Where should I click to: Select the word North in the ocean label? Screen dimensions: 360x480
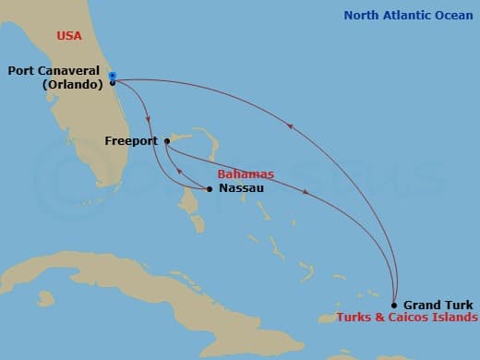pyautogui.click(x=362, y=15)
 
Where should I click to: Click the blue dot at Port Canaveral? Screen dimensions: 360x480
pyautogui.click(x=112, y=76)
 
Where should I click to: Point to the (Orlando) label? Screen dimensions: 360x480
pyautogui.click(x=72, y=84)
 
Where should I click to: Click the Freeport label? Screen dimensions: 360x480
pyautogui.click(x=131, y=142)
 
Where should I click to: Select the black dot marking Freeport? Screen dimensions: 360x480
pyautogui.click(x=166, y=141)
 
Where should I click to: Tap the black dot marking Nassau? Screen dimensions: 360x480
pyautogui.click(x=210, y=189)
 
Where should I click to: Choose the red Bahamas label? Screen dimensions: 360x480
pyautogui.click(x=246, y=174)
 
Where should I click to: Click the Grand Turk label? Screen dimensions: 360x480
pyautogui.click(x=438, y=305)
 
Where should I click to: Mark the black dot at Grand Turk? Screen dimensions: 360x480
pyautogui.click(x=394, y=305)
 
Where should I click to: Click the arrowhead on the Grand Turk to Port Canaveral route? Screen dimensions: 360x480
pyautogui.click(x=291, y=128)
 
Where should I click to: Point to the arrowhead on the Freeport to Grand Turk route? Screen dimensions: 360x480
pyautogui.click(x=306, y=192)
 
